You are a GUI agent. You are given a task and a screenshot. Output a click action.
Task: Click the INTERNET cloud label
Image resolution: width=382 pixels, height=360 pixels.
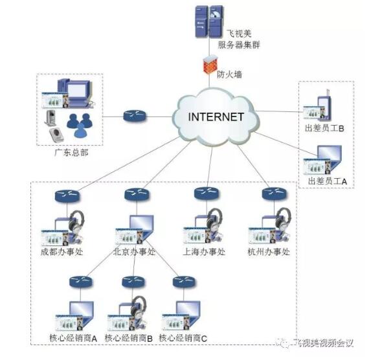pos(216,117)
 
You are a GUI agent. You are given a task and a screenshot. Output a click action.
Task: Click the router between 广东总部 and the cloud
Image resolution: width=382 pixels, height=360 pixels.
pos(135,116)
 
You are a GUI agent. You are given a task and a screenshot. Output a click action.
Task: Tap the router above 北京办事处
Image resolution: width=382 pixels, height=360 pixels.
pos(135,194)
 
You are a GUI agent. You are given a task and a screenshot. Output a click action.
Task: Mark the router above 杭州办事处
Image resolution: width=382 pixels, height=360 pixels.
pos(273,194)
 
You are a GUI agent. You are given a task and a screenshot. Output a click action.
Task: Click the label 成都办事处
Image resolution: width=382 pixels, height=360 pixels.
pos(61,251)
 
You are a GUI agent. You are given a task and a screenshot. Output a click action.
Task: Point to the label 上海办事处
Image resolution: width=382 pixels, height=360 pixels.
pos(203,252)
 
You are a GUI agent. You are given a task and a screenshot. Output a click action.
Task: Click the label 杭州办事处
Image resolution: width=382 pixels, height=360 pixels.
pos(269,252)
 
